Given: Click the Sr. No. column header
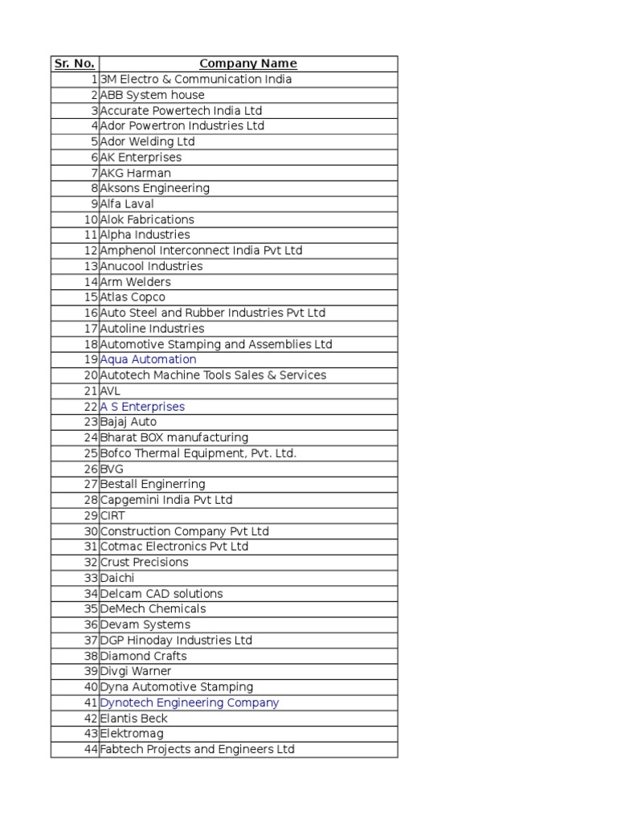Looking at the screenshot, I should pos(75,63).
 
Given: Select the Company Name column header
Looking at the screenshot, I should pos(248,63).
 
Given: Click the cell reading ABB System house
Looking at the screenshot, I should pos(152,95).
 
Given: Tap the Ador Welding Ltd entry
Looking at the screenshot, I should pos(147,141).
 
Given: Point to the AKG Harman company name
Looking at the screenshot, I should pos(135,173).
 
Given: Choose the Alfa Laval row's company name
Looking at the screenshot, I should pos(127,204).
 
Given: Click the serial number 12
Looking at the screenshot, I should pos(90,251).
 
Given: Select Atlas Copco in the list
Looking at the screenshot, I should pos(133,297).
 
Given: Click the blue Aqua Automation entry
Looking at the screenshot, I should pos(148,359).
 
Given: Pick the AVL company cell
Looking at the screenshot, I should pos(110,391).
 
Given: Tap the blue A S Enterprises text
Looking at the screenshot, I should pos(142,407).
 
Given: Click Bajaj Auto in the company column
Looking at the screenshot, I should pos(129,422).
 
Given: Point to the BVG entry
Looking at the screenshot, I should pos(112,469).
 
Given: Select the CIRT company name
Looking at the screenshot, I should pos(112,515).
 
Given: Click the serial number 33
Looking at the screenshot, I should pos(90,578).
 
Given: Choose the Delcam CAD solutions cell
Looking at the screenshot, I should pos(161,593).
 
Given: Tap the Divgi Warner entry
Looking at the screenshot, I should pos(136,671).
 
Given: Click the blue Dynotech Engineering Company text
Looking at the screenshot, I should pos(190,702).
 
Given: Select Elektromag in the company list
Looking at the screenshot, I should pos(132,734).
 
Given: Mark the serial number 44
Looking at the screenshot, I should pos(90,749).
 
